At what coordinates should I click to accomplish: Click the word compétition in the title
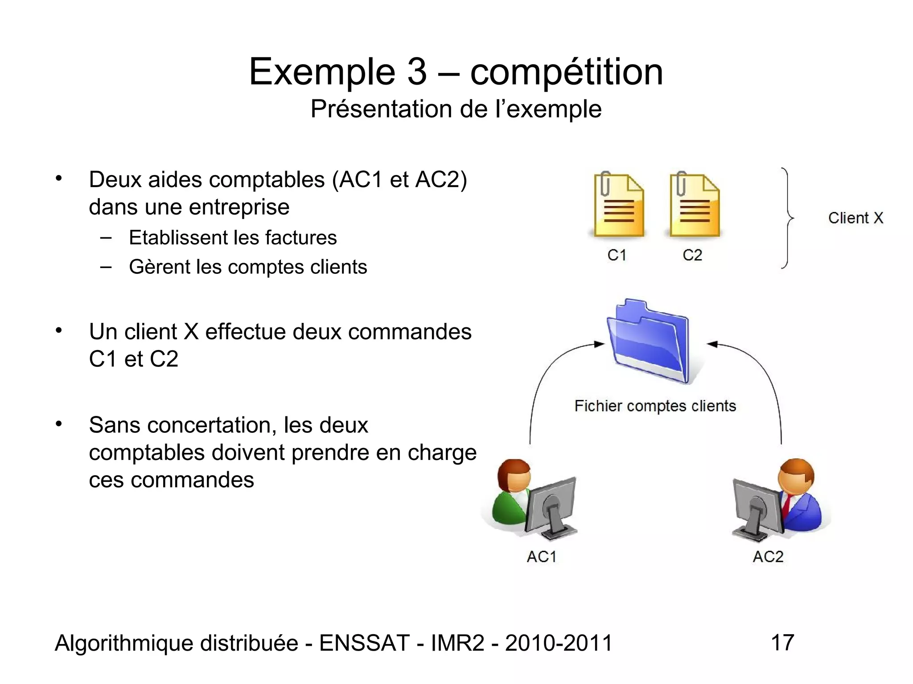(566, 72)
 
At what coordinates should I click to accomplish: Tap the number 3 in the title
(416, 72)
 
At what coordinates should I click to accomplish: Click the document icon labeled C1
(618, 206)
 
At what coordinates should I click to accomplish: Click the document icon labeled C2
(694, 206)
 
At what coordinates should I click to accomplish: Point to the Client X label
(855, 218)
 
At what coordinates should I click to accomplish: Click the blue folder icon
(649, 341)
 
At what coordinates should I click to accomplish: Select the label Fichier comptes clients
(655, 406)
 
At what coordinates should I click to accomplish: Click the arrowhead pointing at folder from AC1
(599, 344)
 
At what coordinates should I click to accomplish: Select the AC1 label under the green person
(541, 557)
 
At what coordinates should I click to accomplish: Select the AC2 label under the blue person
(768, 557)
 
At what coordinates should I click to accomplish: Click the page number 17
(782, 643)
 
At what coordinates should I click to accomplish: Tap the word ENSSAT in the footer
(364, 643)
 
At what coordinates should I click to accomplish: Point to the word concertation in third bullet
(207, 425)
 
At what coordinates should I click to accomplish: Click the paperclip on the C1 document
(605, 183)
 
